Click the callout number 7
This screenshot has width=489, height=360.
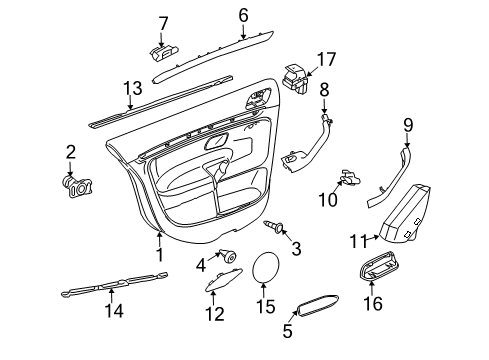pyautogui.click(x=163, y=24)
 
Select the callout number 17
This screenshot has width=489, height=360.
pyautogui.click(x=326, y=59)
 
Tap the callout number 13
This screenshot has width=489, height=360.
pyautogui.click(x=133, y=88)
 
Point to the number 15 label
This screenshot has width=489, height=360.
pyautogui.click(x=266, y=306)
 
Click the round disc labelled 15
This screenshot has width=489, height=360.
pyautogui.click(x=265, y=267)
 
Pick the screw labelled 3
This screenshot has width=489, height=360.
pyautogui.click(x=273, y=227)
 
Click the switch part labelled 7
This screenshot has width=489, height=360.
pyautogui.click(x=163, y=53)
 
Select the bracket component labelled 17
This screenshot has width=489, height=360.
pyautogui.click(x=296, y=79)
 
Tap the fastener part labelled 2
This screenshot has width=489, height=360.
pyautogui.click(x=77, y=187)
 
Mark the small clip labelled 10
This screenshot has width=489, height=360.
pyautogui.click(x=349, y=178)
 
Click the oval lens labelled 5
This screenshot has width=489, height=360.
pyautogui.click(x=317, y=305)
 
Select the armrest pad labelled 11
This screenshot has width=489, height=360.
pyautogui.click(x=404, y=213)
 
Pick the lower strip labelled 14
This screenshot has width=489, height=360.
pyautogui.click(x=115, y=284)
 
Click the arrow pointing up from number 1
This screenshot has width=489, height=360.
pyautogui.click(x=160, y=239)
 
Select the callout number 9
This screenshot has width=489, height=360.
pyautogui.click(x=408, y=126)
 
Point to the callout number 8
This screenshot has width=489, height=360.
pyautogui.click(x=324, y=90)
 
